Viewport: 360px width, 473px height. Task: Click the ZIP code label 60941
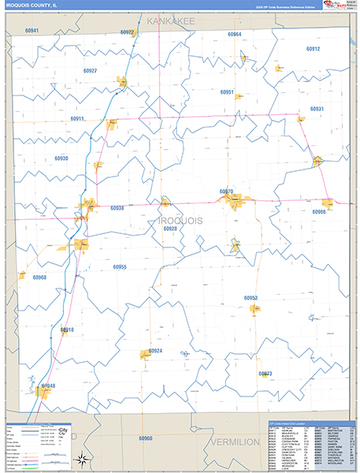tap(32, 31)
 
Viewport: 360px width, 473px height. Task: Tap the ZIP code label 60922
tap(128, 32)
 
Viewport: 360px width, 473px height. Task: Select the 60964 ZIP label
tap(235, 35)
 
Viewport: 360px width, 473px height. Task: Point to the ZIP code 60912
tap(314, 49)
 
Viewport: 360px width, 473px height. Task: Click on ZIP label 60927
tap(90, 71)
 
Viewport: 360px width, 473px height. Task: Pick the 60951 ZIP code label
tap(227, 92)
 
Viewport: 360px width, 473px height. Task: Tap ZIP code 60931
tap(317, 109)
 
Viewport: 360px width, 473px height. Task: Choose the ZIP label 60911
tap(77, 118)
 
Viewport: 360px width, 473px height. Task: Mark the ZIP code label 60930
tap(61, 158)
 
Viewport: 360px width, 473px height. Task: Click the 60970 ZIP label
tap(227, 192)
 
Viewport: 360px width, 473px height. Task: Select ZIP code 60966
tap(319, 212)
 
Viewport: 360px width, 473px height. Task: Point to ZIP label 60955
tap(120, 267)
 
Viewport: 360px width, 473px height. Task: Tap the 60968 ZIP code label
tap(39, 277)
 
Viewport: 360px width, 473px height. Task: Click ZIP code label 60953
tap(251, 297)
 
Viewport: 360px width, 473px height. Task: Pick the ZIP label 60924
tap(155, 351)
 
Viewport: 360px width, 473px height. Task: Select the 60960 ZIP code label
tap(145, 438)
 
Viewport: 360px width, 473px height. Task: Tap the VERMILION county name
tap(235, 443)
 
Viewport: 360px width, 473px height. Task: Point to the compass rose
tap(81, 458)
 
